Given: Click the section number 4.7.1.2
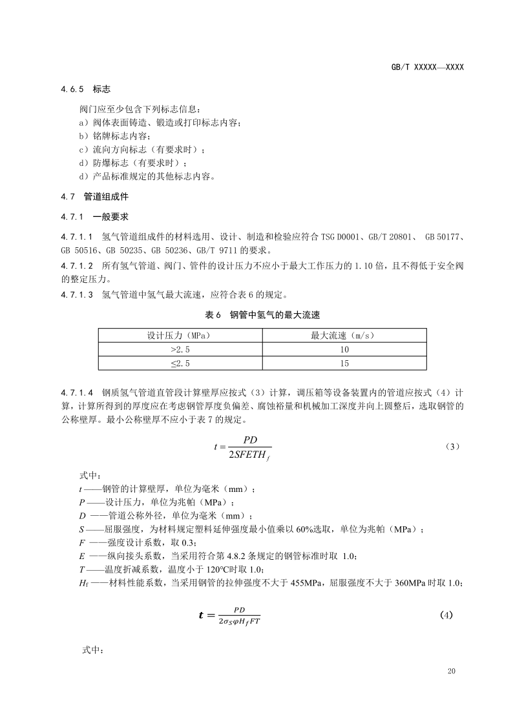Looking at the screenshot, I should (x=77, y=265).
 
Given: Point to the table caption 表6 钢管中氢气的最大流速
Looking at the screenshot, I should (x=262, y=314).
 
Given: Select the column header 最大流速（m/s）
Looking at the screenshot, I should (x=344, y=336).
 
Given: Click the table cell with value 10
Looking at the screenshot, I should (x=344, y=349).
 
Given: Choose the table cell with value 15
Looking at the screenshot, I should (x=344, y=363).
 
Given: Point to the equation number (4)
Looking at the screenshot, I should (x=446, y=615).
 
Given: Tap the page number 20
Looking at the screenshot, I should (x=451, y=672).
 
